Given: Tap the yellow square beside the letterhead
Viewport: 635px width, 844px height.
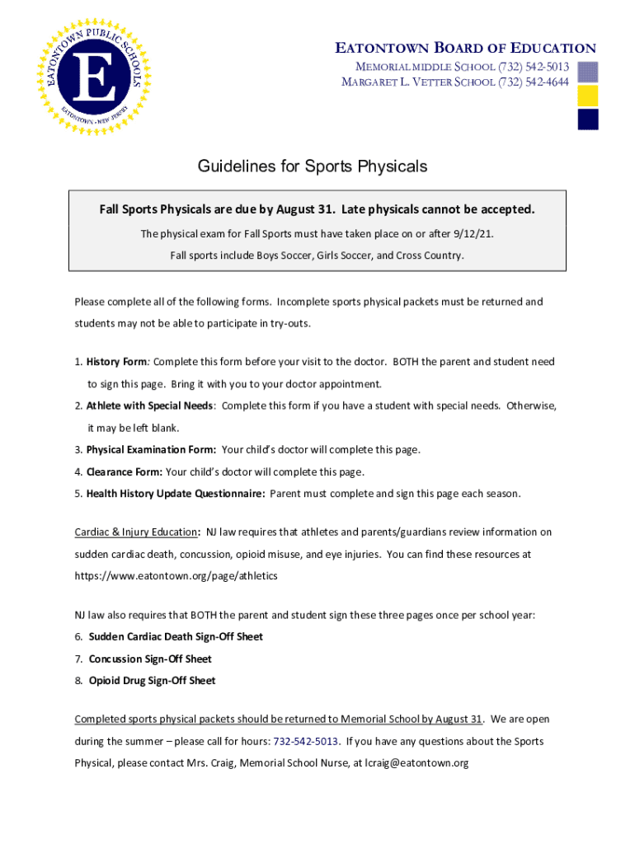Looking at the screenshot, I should pyautogui.click(x=588, y=96).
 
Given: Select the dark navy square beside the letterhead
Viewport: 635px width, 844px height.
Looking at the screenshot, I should pyautogui.click(x=588, y=120).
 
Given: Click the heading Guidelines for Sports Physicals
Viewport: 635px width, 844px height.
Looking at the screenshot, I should pyautogui.click(x=313, y=166).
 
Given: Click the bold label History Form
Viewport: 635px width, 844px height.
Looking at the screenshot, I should pyautogui.click(x=115, y=362).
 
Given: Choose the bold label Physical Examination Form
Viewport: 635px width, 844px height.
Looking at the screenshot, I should pyautogui.click(x=151, y=450).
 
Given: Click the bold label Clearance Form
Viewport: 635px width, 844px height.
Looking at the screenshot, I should pyautogui.click(x=124, y=472).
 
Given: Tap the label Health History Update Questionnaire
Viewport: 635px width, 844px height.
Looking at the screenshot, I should pyautogui.click(x=175, y=494).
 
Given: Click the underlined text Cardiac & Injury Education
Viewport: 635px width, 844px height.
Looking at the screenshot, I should pyautogui.click(x=136, y=532).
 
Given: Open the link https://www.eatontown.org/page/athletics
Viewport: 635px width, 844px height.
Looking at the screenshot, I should pyautogui.click(x=176, y=575).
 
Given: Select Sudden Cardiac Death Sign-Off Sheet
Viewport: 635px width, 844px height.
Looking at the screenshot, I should pyautogui.click(x=176, y=637).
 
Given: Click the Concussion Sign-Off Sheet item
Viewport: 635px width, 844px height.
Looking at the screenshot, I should pyautogui.click(x=150, y=659).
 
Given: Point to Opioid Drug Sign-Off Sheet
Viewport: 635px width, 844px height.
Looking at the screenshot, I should pyautogui.click(x=152, y=681).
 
